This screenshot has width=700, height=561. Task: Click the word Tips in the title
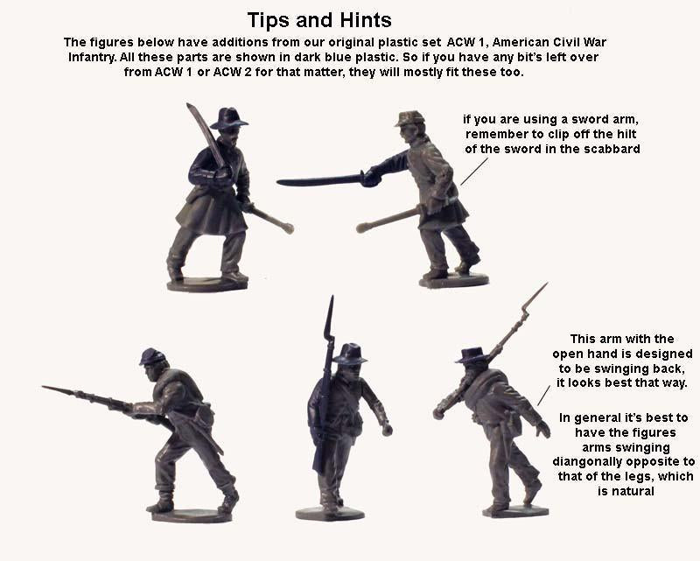pos(269,19)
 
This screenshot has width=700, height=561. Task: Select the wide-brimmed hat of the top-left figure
pos(228,118)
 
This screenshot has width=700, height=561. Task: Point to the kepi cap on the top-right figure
pos(409,118)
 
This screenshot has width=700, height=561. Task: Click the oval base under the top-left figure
pos(208,284)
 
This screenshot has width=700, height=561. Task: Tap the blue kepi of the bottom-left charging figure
pos(152,355)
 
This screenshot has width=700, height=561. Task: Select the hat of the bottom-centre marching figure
pos(351,354)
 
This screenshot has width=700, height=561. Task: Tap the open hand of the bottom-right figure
pos(543,429)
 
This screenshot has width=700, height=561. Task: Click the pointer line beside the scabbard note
pos(472,172)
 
